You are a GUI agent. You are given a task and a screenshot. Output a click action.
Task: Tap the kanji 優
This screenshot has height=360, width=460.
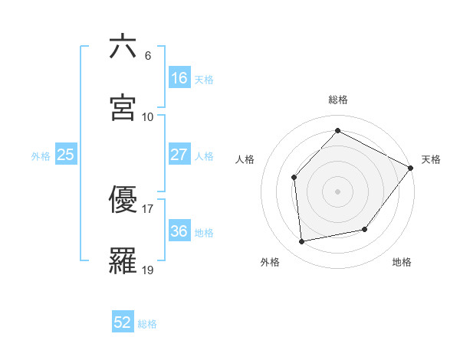pyautogui.click(x=123, y=199)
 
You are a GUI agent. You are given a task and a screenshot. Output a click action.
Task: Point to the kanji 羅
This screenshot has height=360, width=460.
pyautogui.click(x=123, y=260)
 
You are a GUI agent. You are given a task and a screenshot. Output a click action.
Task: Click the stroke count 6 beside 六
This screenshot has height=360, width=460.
pyautogui.click(x=147, y=56)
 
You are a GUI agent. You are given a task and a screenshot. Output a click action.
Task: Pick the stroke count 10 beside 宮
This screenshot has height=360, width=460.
pyautogui.click(x=148, y=117)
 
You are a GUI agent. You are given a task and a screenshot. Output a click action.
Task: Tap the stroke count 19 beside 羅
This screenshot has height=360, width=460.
pyautogui.click(x=148, y=270)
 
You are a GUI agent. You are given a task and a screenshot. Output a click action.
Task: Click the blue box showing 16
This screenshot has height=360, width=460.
pyautogui.click(x=179, y=78)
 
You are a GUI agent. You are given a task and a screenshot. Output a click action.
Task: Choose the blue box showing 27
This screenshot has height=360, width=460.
pyautogui.click(x=179, y=155)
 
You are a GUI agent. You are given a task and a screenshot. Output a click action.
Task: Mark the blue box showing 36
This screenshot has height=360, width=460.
pyautogui.click(x=179, y=231)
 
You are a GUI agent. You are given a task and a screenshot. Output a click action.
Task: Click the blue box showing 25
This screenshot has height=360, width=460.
pyautogui.click(x=66, y=155)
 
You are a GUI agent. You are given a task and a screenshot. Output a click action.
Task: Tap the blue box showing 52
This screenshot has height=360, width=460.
pyautogui.click(x=123, y=322)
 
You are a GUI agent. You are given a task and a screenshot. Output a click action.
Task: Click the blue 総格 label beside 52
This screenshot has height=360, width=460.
pyautogui.click(x=147, y=324)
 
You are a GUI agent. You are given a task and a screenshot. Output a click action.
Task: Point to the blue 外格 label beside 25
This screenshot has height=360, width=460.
pyautogui.click(x=41, y=155)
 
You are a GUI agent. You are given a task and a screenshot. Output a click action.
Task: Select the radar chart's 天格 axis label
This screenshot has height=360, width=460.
pyautogui.click(x=431, y=159)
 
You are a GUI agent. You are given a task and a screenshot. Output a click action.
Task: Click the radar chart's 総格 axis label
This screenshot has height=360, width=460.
pyautogui.click(x=337, y=100)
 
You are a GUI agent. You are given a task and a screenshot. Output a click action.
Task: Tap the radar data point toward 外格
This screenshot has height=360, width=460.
pyautogui.click(x=302, y=242)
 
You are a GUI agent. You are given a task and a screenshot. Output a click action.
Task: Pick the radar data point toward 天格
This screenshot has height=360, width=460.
pyautogui.click(x=410, y=169)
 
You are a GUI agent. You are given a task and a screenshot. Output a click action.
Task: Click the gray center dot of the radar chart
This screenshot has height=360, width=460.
pyautogui.click(x=337, y=191)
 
